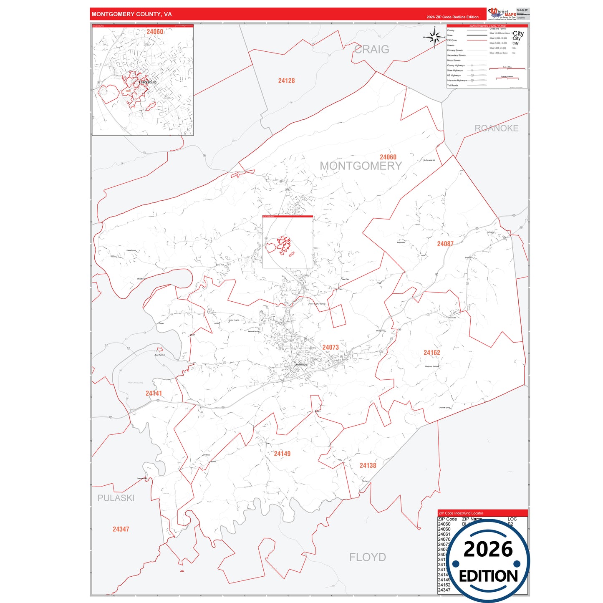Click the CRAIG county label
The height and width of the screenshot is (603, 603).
371,50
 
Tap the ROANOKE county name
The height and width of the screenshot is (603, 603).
496,129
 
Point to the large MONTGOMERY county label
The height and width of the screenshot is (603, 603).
361,166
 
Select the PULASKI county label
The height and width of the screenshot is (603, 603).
116,498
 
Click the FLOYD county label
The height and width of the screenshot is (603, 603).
367,557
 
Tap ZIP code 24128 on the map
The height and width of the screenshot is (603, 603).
286,81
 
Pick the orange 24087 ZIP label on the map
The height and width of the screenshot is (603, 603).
445,244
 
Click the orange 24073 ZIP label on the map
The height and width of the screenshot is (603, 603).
330,347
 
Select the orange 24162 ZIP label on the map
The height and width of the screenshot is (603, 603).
431,353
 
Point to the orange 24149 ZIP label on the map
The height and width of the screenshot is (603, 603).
282,454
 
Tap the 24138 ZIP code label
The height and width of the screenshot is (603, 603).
368,465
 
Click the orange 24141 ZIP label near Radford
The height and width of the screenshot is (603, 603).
154,393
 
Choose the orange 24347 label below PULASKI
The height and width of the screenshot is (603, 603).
121,529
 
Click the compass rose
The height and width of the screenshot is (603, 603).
435,38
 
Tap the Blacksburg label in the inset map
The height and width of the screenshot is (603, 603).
148,82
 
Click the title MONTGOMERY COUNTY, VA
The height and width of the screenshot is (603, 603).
131,14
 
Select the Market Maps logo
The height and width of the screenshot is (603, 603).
502,13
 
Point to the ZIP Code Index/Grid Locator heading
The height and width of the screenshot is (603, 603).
460,513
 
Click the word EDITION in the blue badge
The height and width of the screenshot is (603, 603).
488,576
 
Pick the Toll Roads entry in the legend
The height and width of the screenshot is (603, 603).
452,86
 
